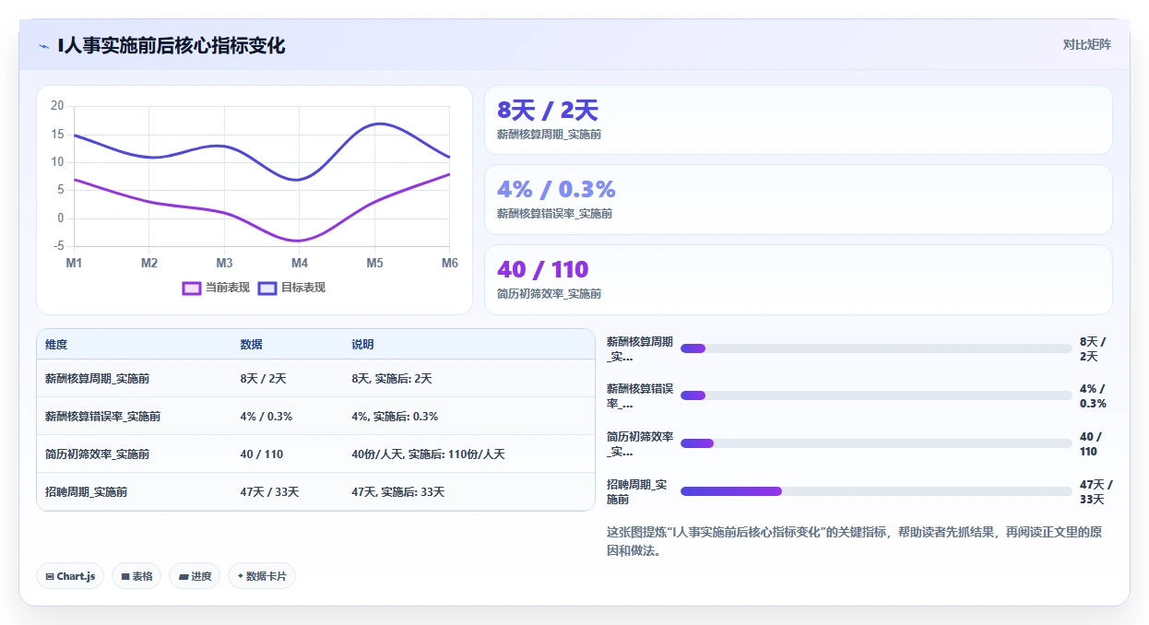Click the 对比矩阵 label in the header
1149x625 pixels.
click(x=1086, y=44)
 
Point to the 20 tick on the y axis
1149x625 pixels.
click(x=57, y=106)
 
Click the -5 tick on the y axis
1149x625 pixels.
click(x=58, y=245)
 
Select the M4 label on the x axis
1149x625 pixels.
click(x=300, y=263)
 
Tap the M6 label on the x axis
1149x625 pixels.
click(x=450, y=263)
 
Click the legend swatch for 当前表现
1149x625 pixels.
click(x=191, y=289)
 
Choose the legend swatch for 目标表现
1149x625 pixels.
click(x=267, y=289)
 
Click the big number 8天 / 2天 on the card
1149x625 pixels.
click(x=548, y=111)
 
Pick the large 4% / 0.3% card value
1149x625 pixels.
click(x=556, y=189)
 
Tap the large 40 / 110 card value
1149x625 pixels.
click(x=543, y=269)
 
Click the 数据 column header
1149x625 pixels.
click(x=252, y=345)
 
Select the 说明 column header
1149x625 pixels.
click(x=362, y=345)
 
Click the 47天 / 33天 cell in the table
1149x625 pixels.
click(x=269, y=492)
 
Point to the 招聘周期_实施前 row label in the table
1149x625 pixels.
click(x=86, y=492)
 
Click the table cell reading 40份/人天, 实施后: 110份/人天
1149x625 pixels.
click(x=428, y=454)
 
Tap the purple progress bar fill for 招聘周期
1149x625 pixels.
click(x=731, y=491)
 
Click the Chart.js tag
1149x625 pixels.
click(x=70, y=576)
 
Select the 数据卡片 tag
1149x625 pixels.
click(x=262, y=576)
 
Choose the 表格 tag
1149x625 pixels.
click(x=136, y=576)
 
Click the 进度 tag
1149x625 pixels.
click(x=195, y=576)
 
